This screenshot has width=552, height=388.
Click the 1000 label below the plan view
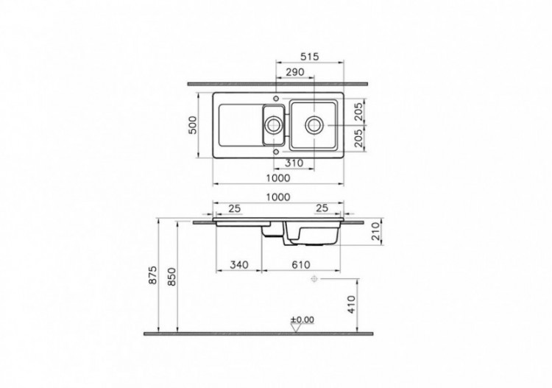[279, 178]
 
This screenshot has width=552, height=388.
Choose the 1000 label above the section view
[279, 197]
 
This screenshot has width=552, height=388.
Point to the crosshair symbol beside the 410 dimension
[314, 279]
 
